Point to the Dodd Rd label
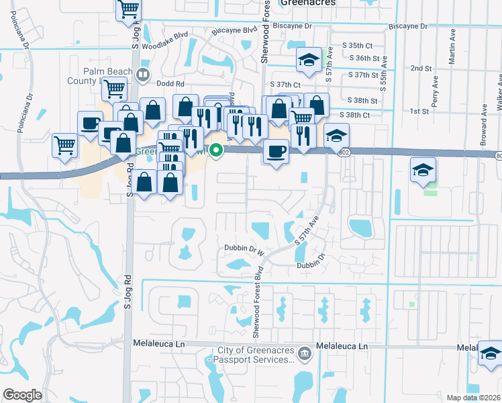click(172, 84)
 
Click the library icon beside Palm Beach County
click(142, 75)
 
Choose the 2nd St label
click(421, 69)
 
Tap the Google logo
click(22, 395)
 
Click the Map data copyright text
click(473, 398)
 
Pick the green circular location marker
click(216, 150)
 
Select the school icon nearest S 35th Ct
click(309, 60)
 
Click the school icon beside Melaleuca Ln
click(491, 351)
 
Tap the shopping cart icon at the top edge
click(128, 10)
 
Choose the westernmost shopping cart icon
click(64, 144)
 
